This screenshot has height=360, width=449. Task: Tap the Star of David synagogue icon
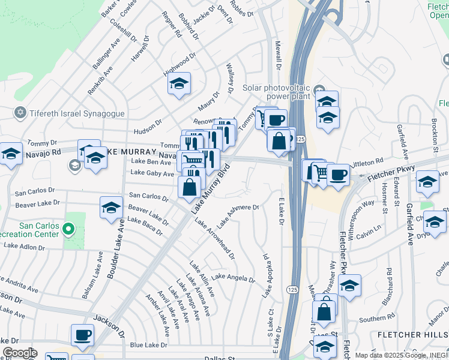[20, 113]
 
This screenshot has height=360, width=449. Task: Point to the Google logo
[20, 353]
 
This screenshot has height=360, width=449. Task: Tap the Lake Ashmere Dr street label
[238, 216]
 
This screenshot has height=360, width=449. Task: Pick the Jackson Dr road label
[108, 326]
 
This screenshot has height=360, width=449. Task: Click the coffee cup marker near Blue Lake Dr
[82, 335]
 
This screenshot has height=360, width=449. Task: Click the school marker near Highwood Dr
[179, 84]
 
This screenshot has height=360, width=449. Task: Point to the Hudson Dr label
[148, 126]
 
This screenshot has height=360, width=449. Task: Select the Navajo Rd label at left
[43, 154]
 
